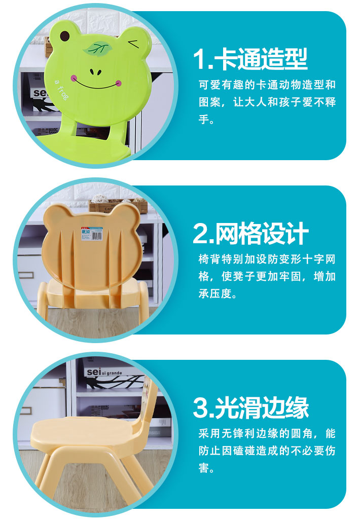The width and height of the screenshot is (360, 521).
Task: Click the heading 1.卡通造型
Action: click(250, 59)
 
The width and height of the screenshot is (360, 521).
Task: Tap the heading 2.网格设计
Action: click(250, 233)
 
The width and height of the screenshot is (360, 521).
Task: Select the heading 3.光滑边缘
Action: click(251, 407)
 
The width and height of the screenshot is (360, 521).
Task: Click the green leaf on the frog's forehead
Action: click(97, 49)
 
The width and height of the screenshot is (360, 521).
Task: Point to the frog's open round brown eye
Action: click(64, 35)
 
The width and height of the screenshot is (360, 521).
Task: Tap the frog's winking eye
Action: click(134, 44)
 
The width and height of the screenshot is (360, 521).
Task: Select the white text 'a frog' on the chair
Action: click(61, 90)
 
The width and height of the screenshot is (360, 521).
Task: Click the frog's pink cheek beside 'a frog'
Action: click(74, 79)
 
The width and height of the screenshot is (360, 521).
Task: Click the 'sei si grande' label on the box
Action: click(104, 373)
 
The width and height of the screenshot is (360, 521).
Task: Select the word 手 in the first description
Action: click(204, 119)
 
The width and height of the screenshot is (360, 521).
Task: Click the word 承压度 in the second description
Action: click(215, 293)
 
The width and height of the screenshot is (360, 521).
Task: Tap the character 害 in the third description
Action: click(204, 468)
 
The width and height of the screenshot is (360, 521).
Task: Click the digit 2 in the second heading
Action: click(201, 234)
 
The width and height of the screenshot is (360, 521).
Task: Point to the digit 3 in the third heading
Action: click(201, 408)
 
